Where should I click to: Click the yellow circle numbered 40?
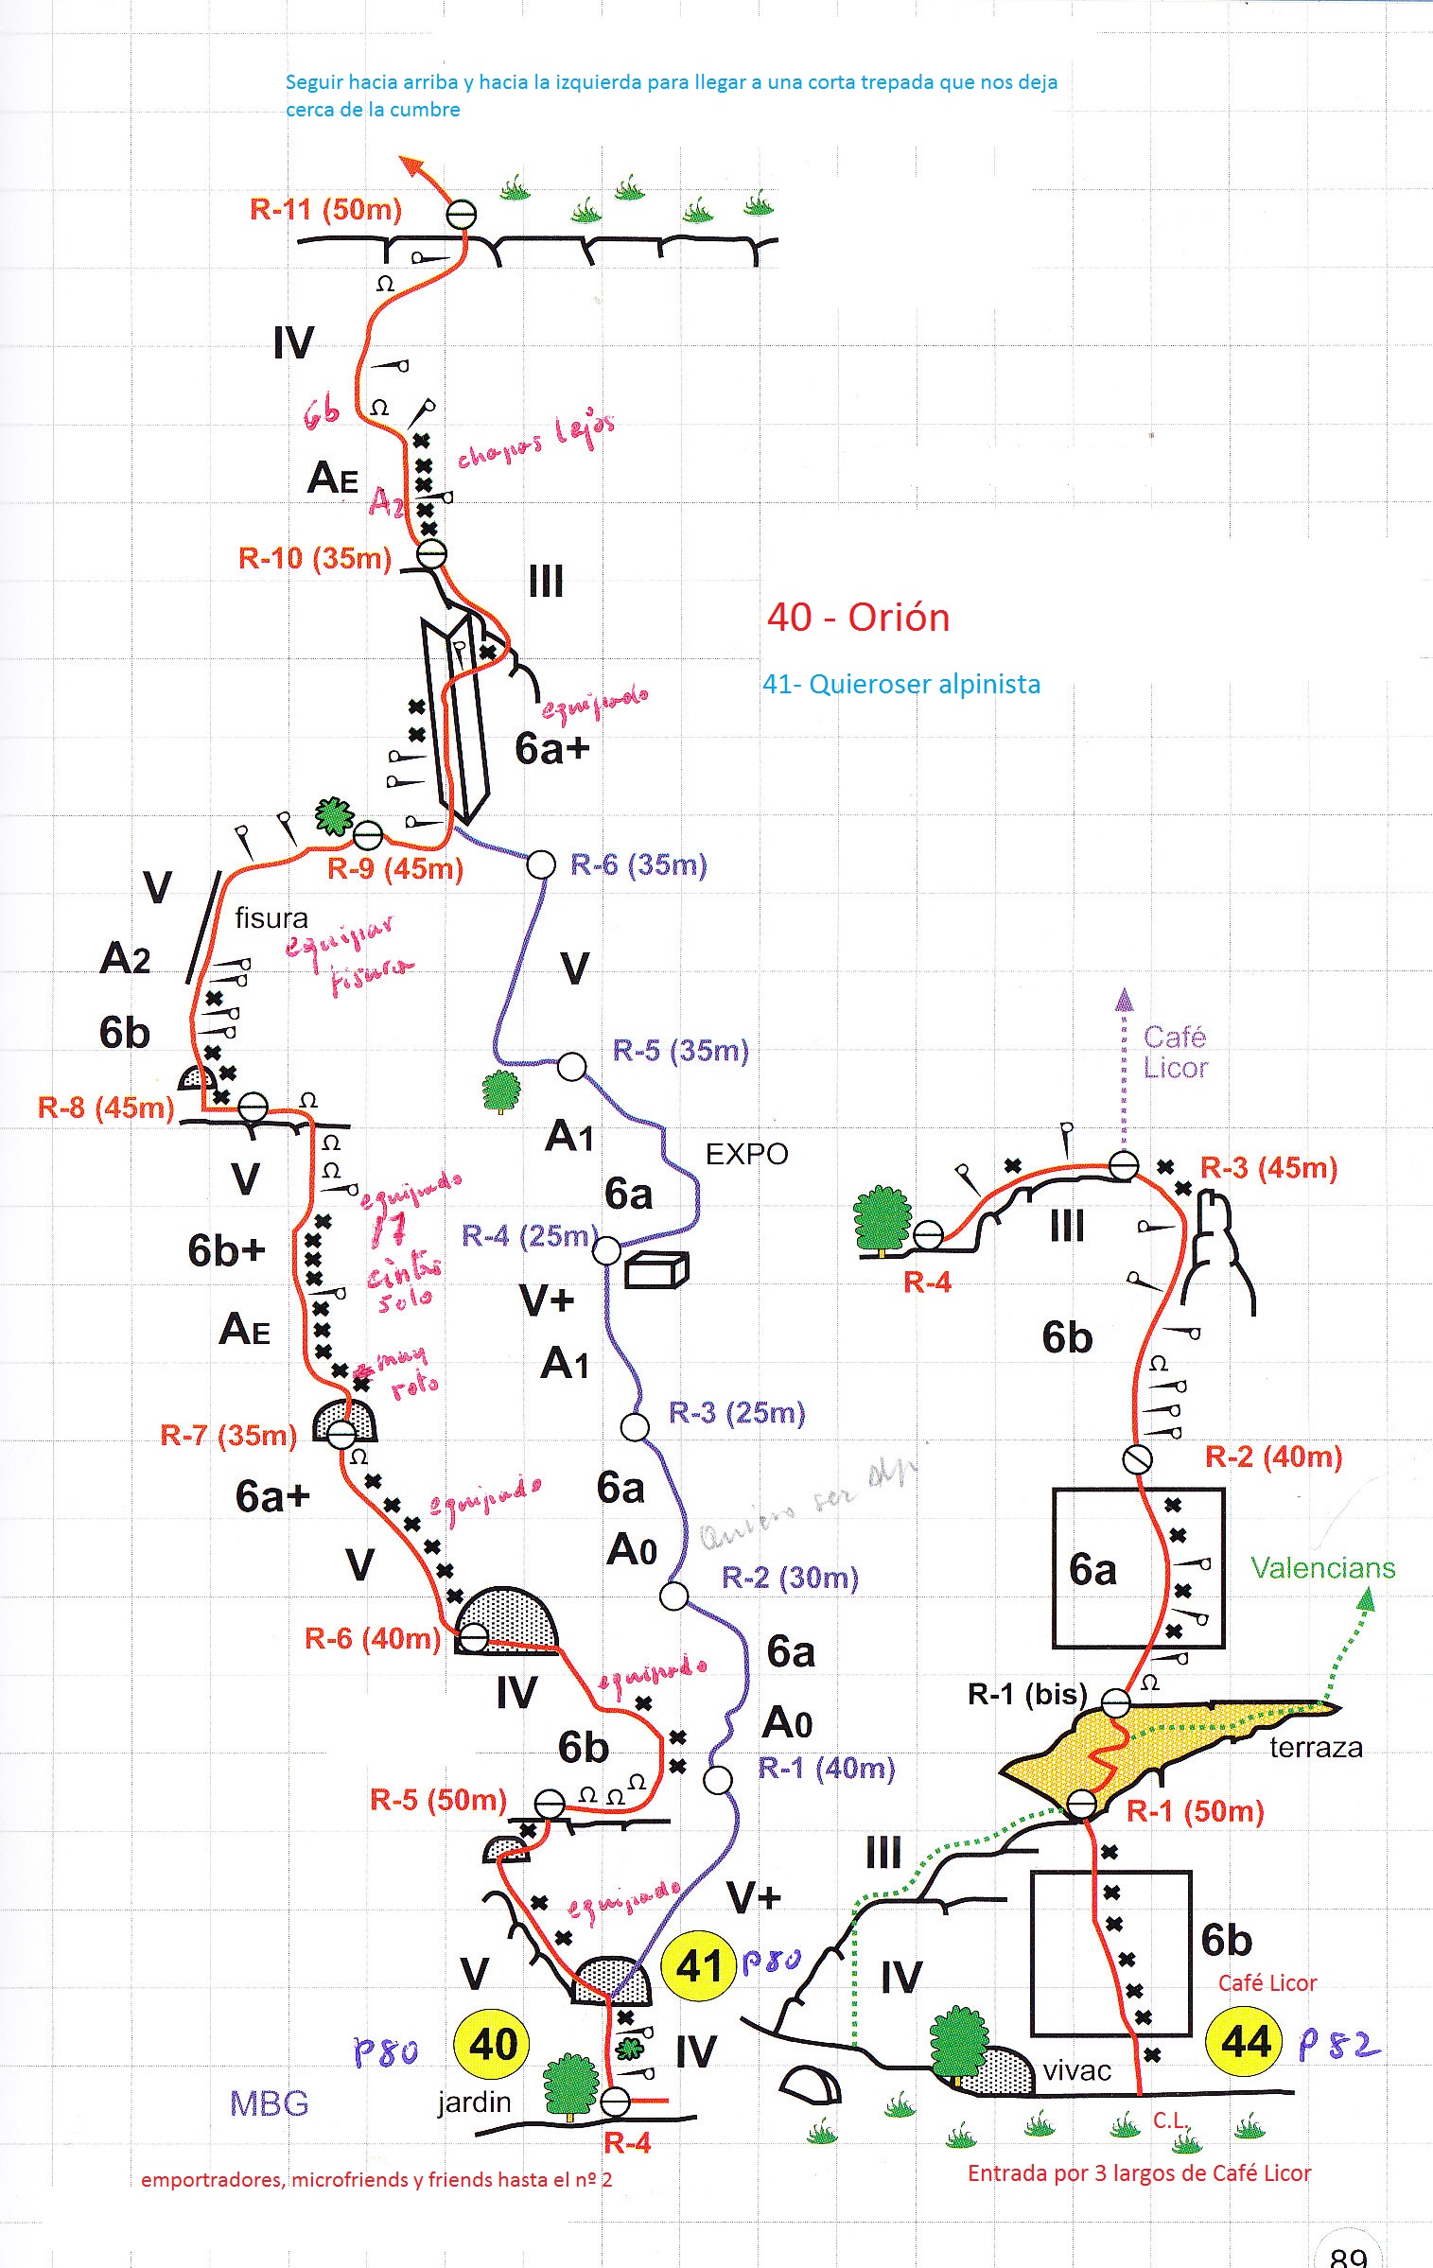click(x=493, y=2043)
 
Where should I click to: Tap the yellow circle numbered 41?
click(x=700, y=1965)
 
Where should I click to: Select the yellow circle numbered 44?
click(x=1245, y=2042)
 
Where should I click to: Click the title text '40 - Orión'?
click(x=858, y=618)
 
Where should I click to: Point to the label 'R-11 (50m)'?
click(x=325, y=209)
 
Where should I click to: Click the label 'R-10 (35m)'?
click(x=315, y=558)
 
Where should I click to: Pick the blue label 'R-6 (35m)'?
click(x=638, y=864)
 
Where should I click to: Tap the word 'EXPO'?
click(x=746, y=1154)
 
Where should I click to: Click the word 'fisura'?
click(x=271, y=918)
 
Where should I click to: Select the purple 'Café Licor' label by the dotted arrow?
click(x=1175, y=1052)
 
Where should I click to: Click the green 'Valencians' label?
click(x=1322, y=1568)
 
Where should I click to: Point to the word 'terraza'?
click(x=1315, y=1748)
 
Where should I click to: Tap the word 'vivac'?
click(x=1076, y=2071)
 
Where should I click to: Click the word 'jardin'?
click(x=474, y=2102)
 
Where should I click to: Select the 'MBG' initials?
click(x=269, y=2103)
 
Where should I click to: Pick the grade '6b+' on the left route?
click(x=226, y=1250)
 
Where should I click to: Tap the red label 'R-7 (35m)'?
click(x=228, y=1436)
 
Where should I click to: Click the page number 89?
click(x=1348, y=2256)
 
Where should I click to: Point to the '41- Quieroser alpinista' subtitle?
click(x=901, y=684)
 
